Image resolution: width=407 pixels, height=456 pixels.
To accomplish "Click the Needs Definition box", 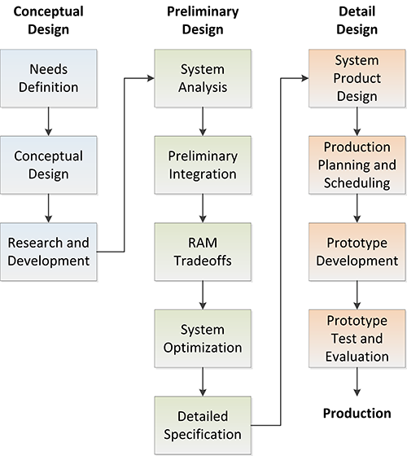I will [x=48, y=77].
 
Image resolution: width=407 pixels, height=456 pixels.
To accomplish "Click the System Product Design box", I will [x=356, y=77].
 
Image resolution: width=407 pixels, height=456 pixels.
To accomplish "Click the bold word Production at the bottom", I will [x=357, y=413].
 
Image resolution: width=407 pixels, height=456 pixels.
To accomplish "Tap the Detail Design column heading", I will [x=357, y=20].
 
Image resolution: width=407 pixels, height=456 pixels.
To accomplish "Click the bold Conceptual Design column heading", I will [x=48, y=20].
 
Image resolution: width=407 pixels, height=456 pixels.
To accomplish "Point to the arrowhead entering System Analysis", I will [x=150, y=77].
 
